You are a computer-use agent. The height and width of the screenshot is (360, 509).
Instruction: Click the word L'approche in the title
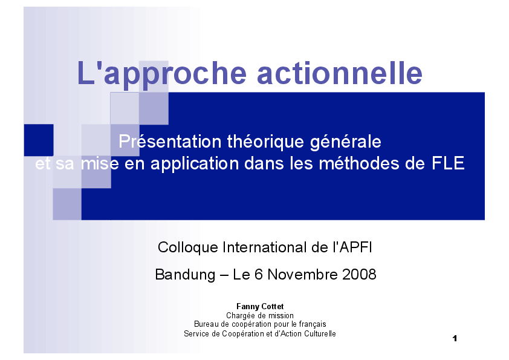point(162,74)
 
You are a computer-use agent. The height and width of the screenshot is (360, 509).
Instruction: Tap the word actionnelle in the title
point(340,73)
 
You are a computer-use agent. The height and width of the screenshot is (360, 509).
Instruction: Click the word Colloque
point(188,247)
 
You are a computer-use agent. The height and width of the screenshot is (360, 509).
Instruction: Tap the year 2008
point(359,275)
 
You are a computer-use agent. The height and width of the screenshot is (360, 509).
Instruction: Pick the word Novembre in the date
point(303,275)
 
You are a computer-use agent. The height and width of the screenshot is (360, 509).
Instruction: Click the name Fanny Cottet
point(260,307)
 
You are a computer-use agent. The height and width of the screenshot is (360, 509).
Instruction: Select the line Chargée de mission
point(260,315)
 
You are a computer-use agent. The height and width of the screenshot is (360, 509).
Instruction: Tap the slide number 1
point(454,338)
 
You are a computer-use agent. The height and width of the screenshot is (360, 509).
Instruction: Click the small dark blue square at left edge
point(38,140)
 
